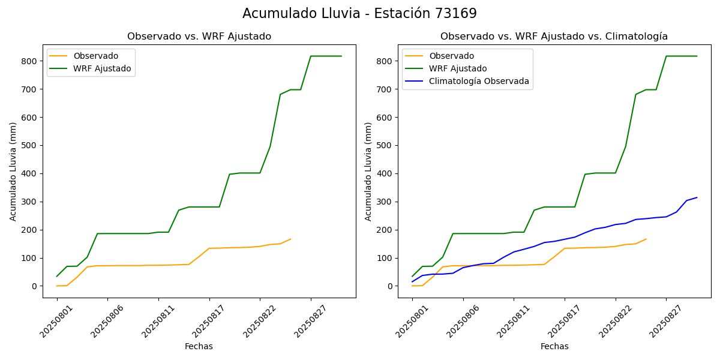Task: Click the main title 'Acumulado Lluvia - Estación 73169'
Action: (359, 13)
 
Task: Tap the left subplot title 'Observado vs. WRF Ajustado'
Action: (199, 37)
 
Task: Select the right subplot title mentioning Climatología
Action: (554, 37)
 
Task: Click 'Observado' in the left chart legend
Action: (96, 56)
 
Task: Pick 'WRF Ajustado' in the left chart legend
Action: (102, 68)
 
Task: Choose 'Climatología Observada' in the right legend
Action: (479, 81)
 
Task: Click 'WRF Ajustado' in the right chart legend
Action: (458, 68)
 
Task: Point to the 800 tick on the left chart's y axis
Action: (30, 61)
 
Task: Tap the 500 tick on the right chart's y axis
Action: (385, 146)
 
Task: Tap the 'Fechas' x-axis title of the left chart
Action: (199, 346)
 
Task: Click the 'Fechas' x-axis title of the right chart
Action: (554, 346)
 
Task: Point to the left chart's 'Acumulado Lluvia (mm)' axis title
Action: (13, 171)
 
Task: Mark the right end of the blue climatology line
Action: (697, 197)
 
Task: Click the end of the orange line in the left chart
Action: (290, 239)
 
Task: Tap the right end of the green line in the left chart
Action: (341, 56)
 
